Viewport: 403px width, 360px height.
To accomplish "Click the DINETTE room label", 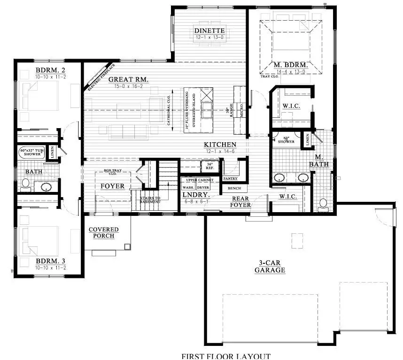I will [x=207, y=31].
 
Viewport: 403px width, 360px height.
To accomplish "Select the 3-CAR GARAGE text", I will [x=270, y=267].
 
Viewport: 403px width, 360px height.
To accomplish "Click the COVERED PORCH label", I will [x=104, y=232].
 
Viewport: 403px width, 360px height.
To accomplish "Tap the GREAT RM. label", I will [x=129, y=80].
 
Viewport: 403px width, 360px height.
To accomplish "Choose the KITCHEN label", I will [x=220, y=145].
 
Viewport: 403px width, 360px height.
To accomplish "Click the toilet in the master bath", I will [x=323, y=203].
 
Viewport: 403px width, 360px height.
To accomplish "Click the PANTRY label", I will [x=230, y=179].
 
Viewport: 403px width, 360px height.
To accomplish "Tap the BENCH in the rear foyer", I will [x=234, y=188].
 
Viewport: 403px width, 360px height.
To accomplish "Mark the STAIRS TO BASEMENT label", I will [x=150, y=200].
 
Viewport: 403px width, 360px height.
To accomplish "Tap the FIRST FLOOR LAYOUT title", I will [x=226, y=356].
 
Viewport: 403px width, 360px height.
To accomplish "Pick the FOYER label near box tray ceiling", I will [x=113, y=186].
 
